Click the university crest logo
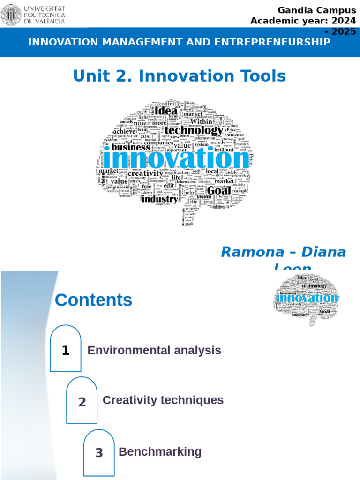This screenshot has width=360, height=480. tap(11, 15)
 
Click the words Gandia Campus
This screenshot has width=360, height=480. tap(317, 10)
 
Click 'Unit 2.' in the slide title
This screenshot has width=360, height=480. tap(103, 75)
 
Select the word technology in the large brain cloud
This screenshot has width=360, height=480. tap(194, 131)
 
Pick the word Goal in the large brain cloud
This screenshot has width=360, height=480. tap(218, 190)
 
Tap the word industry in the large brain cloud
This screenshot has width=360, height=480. tap(160, 199)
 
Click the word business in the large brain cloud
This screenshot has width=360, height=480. tap(131, 147)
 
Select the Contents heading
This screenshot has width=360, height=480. tap(93, 300)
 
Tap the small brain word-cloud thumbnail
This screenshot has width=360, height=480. tap(305, 298)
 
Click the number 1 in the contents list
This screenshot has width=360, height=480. tap(66, 350)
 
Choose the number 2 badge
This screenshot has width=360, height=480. tap(82, 402)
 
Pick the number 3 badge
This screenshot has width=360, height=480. tap(99, 453)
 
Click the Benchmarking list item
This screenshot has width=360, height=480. tap(160, 452)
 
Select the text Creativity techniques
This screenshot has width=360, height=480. tap(163, 400)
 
